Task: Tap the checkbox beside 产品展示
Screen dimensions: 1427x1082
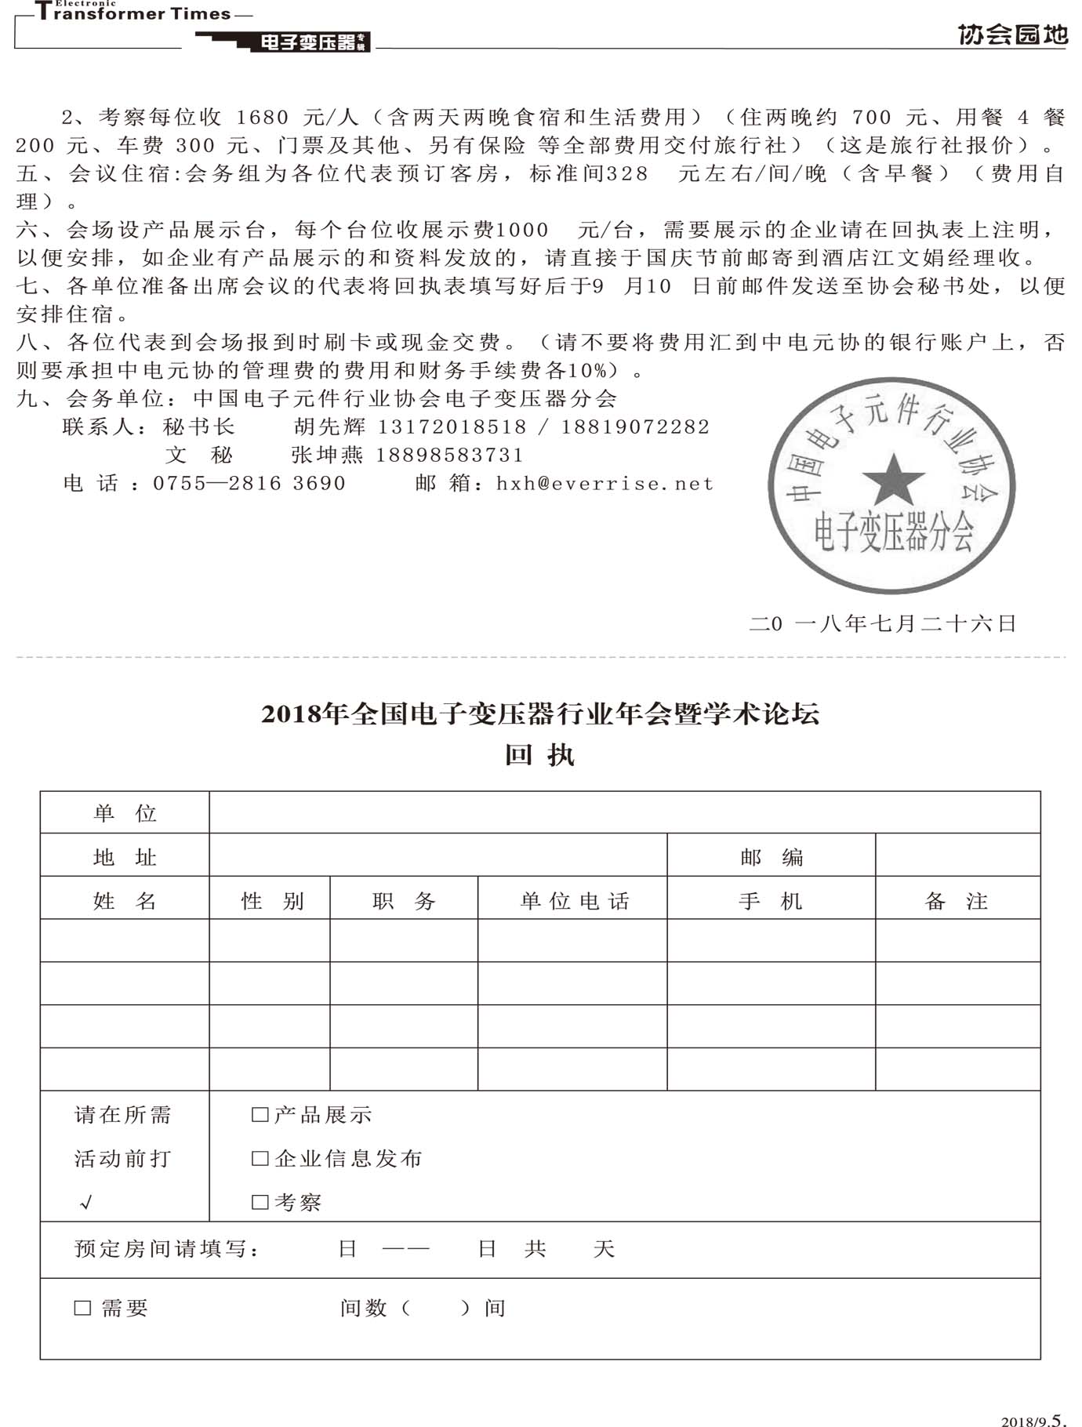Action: tap(260, 1114)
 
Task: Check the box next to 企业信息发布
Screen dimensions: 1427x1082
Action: tap(260, 1158)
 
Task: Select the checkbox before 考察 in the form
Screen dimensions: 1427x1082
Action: tap(260, 1202)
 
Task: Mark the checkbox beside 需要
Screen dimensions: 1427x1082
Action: tap(82, 1308)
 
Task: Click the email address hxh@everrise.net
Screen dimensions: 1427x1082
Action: tap(605, 484)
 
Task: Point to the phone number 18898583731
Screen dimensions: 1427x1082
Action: tap(450, 456)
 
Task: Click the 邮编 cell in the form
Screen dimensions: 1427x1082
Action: tap(772, 857)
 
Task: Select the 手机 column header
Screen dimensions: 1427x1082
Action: tap(771, 901)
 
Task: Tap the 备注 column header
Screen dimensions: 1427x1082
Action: tap(957, 901)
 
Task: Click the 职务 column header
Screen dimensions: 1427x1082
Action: tap(404, 901)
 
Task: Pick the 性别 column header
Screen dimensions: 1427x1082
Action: tap(272, 901)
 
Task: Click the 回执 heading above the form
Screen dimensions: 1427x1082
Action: tap(539, 755)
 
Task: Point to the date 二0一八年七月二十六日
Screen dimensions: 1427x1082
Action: tap(883, 624)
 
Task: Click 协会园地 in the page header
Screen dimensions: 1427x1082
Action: tap(1012, 34)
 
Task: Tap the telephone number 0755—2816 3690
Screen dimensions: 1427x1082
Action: tap(249, 484)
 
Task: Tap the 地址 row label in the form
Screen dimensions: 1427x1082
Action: tap(125, 857)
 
